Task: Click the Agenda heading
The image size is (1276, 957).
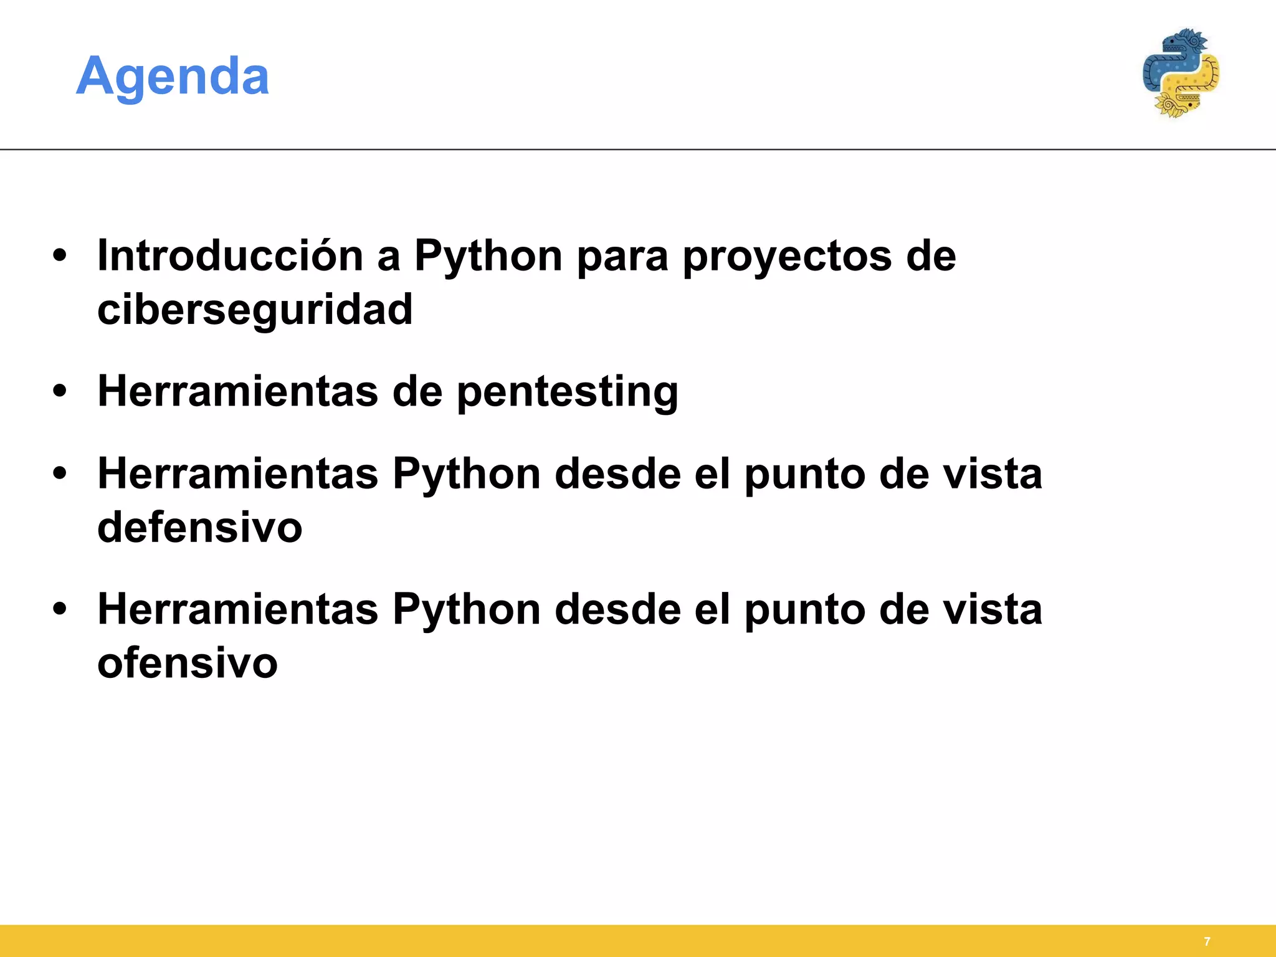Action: point(173,76)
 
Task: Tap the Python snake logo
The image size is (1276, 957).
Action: point(1180,74)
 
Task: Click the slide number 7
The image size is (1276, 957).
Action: point(1207,941)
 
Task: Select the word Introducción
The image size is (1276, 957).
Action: point(230,255)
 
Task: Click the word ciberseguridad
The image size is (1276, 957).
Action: point(255,309)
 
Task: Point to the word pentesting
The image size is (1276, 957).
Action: point(567,392)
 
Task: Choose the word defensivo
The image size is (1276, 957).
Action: point(199,527)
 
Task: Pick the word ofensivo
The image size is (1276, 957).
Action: point(187,662)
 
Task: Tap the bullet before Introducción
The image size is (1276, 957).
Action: point(60,256)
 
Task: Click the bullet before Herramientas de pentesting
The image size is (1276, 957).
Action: point(60,391)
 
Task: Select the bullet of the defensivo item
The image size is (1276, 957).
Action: point(60,474)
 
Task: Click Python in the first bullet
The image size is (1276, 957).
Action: point(488,257)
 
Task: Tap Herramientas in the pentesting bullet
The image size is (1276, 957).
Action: point(237,391)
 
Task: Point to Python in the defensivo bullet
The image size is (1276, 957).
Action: point(466,475)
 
